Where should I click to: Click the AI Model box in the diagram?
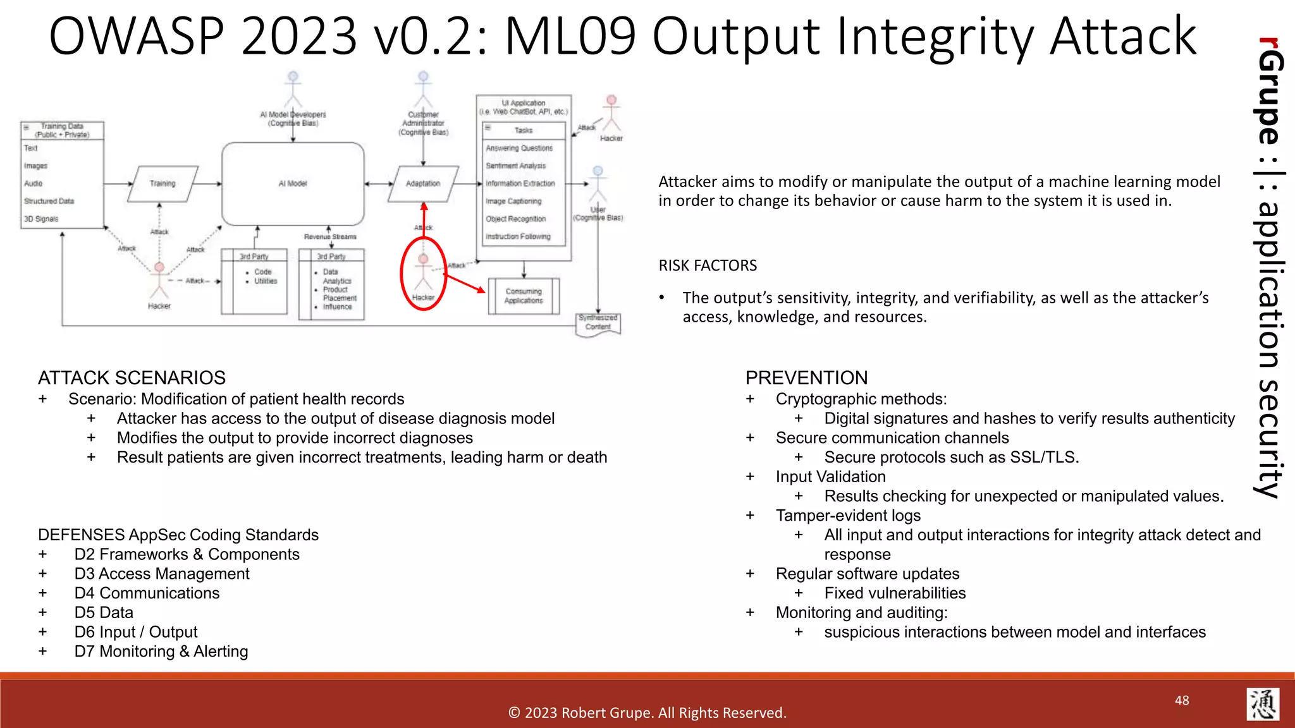[x=293, y=183]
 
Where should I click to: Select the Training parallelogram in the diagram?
[x=163, y=183]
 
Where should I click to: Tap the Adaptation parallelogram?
[x=423, y=183]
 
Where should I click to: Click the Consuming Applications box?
[x=524, y=296]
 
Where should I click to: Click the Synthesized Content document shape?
[x=598, y=323]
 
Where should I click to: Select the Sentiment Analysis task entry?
[x=515, y=166]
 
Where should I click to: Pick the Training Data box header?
[x=62, y=130]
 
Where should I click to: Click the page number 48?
[x=1182, y=700]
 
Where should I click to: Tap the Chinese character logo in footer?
[x=1263, y=704]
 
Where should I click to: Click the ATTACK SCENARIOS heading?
[x=132, y=378]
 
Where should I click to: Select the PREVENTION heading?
[x=806, y=378]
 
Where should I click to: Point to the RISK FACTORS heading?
[x=708, y=265]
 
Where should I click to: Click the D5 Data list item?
[x=104, y=612]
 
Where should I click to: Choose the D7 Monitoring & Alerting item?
[x=161, y=652]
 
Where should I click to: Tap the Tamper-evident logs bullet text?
[x=848, y=516]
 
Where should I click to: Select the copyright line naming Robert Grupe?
[x=647, y=713]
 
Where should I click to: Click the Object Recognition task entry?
[x=515, y=219]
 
